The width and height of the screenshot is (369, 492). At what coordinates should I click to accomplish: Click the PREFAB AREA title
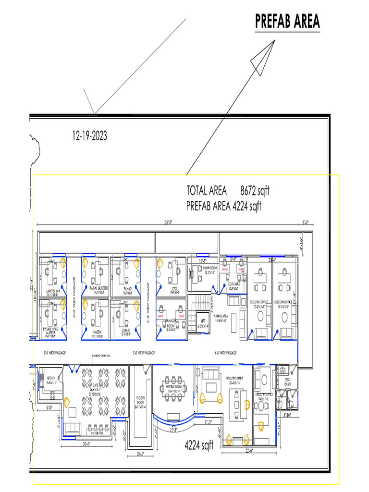287,22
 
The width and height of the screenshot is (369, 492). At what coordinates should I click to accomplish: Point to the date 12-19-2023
89,136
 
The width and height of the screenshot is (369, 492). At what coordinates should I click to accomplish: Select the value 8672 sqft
255,191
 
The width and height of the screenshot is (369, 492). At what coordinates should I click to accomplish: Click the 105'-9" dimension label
167,222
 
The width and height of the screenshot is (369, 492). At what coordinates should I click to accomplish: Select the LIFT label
203,323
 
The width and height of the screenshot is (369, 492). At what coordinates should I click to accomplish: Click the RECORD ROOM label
140,400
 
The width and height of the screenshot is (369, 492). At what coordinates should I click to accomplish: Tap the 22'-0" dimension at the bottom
249,450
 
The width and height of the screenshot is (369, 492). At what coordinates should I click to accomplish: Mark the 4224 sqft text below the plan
199,446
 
